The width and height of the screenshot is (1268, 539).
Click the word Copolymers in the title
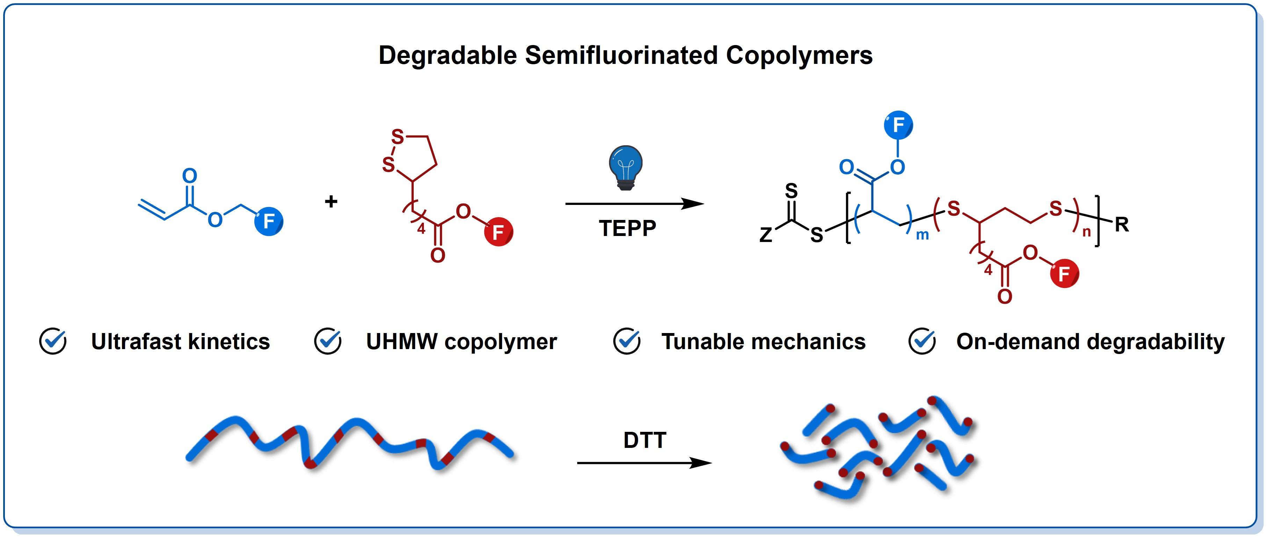799,55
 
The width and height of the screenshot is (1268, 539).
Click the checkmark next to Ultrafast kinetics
53,341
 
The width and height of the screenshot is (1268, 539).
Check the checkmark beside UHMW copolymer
328,341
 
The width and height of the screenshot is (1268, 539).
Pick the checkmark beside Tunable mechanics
626,341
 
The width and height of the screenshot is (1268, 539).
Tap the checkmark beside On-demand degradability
922,341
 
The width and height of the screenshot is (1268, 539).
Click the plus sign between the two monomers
331,201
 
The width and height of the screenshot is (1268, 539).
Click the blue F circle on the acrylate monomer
269,221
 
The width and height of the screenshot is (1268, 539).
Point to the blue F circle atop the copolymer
898,125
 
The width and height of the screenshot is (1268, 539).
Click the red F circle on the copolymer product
1064,273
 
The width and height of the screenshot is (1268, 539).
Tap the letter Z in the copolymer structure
766,235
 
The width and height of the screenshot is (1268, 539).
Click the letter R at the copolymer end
1122,225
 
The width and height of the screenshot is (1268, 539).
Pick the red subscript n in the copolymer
1086,232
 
